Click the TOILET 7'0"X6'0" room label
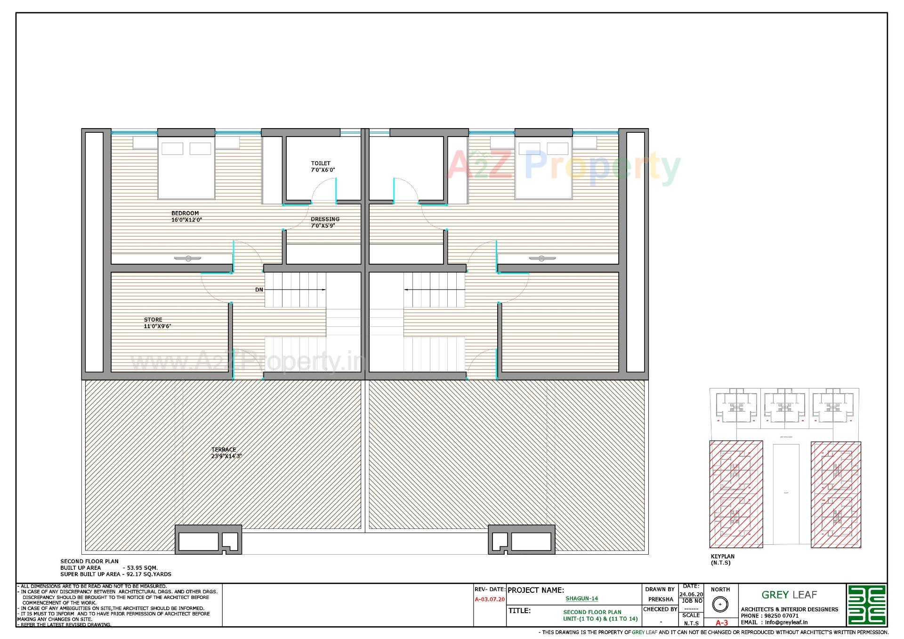tap(322, 167)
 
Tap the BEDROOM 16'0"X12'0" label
tap(186, 217)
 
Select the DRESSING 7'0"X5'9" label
tap(324, 222)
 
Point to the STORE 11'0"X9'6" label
tap(157, 323)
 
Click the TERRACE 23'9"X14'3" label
tap(226, 453)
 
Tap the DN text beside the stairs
tap(259, 290)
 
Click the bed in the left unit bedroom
tap(186, 168)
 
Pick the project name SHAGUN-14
tap(581, 599)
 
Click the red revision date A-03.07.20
tap(490, 599)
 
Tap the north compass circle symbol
tap(719, 604)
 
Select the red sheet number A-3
tap(721, 623)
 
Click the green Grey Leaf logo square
tap(866, 605)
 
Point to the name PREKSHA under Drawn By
tap(660, 599)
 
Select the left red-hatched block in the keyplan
tap(736, 494)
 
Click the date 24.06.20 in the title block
tap(691, 594)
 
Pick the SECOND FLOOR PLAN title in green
tap(592, 612)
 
